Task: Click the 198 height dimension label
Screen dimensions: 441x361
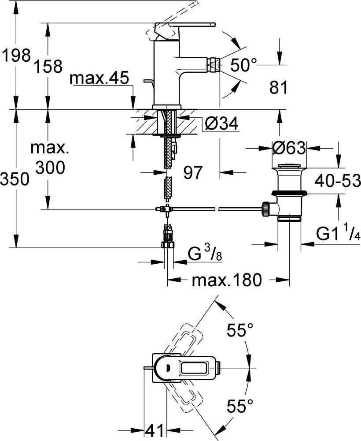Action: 15,56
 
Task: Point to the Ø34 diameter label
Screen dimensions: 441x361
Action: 221,125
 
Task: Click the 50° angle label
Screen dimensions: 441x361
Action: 243,65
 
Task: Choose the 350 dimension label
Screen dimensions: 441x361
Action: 15,179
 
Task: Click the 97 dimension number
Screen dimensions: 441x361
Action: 192,173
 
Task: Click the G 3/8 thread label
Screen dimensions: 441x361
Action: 204,254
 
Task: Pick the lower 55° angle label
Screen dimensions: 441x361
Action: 240,405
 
